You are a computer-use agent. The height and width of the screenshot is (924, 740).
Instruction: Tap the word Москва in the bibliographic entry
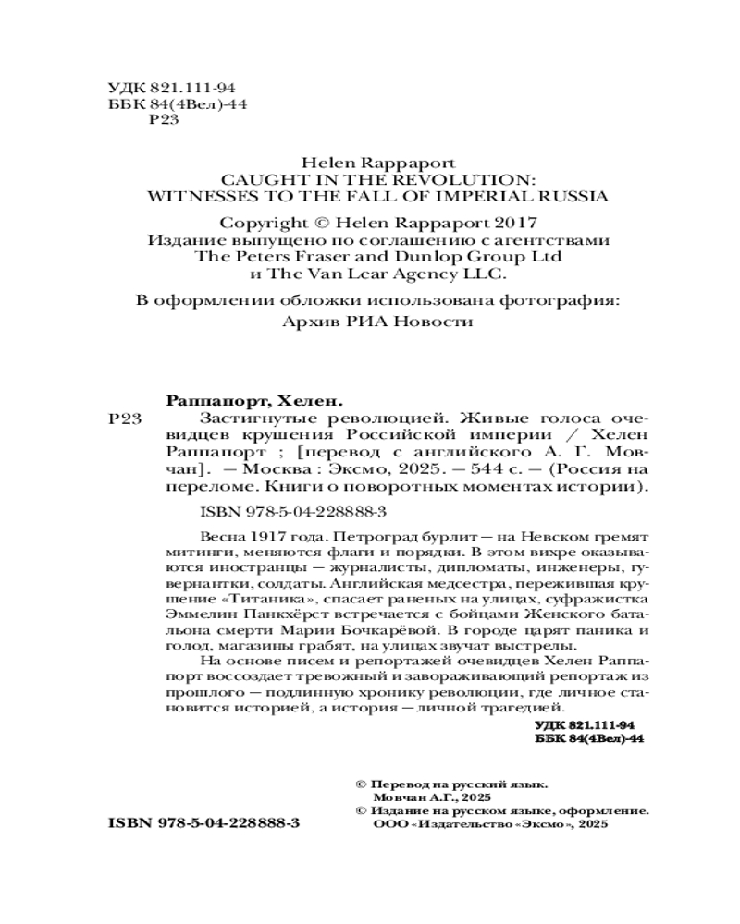tap(283, 468)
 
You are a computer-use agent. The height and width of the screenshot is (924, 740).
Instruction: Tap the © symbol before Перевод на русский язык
tap(362, 781)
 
